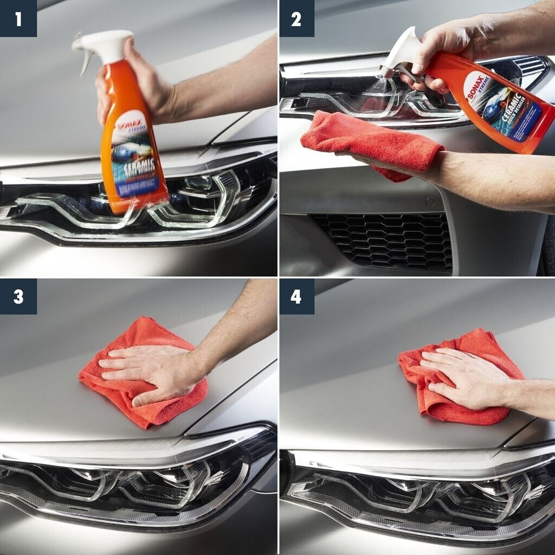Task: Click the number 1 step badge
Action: click(18, 18)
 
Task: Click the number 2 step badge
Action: click(296, 18)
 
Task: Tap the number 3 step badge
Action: click(18, 296)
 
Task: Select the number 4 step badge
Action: click(296, 296)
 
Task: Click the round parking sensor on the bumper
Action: click(430, 201)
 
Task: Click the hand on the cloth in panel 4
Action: click(466, 379)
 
